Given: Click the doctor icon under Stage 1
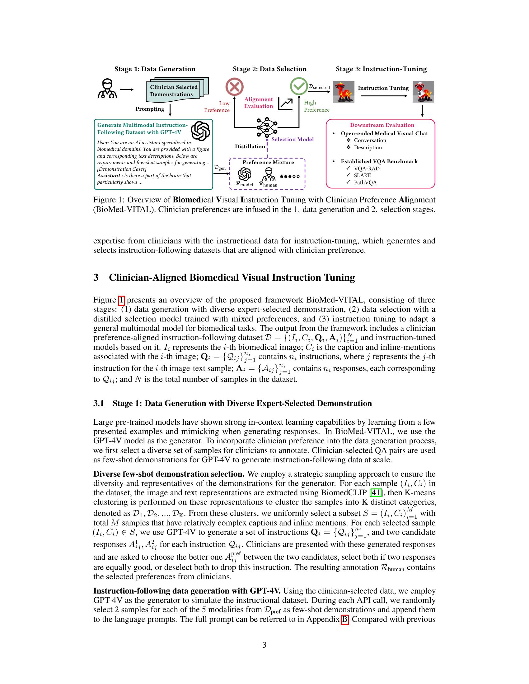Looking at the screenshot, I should [x=107, y=89].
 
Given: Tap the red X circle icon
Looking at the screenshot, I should [x=234, y=87].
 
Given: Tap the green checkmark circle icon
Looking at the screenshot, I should [x=299, y=86].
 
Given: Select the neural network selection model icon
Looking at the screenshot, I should [x=267, y=127].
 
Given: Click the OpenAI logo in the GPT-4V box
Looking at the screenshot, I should [x=200, y=131].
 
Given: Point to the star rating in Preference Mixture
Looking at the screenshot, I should [x=290, y=177].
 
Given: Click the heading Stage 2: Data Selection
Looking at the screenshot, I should [x=269, y=69].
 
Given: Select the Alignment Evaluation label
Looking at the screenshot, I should [x=259, y=103].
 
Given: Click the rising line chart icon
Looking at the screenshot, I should [x=285, y=104].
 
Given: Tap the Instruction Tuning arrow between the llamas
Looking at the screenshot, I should [x=384, y=95].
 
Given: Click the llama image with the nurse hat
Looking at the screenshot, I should [x=423, y=92].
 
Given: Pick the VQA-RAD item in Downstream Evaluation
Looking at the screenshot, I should [x=366, y=169].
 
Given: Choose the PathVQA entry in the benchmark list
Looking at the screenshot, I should [x=365, y=183].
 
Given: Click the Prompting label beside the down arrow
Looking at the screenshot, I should [x=150, y=109].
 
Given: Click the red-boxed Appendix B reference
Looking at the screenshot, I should [x=345, y=619].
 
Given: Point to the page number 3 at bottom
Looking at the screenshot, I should [x=264, y=645].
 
